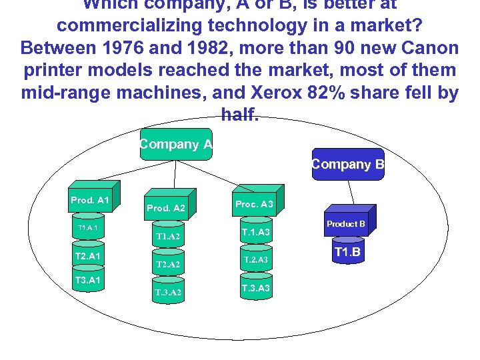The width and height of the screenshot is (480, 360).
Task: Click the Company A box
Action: (176, 144)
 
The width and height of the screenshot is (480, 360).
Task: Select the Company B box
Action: (347, 165)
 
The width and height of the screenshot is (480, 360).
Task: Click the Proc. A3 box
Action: (254, 203)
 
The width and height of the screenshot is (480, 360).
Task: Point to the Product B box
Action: (346, 224)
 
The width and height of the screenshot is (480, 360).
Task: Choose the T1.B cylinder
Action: (347, 252)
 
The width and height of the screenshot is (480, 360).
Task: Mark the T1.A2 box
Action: (169, 236)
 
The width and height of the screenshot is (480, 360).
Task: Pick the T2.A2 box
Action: (169, 264)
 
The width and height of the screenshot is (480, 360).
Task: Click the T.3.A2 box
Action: (169, 292)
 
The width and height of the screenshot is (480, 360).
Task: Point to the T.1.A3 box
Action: (255, 231)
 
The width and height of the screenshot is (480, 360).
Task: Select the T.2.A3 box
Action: (255, 259)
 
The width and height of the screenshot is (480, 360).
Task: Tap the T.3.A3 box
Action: (255, 287)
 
